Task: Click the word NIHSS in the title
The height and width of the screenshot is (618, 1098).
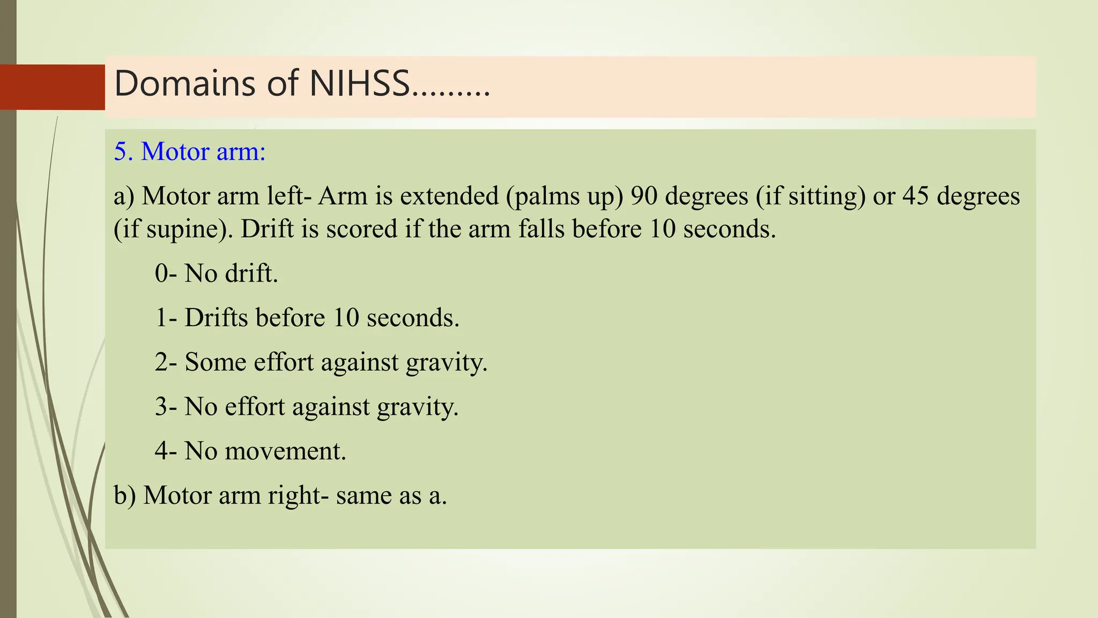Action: point(360,84)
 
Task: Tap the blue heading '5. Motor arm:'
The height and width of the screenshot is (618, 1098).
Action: point(190,152)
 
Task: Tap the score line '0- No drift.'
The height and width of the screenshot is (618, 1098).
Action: point(217,274)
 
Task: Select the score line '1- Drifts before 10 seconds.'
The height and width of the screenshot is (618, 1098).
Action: point(307,318)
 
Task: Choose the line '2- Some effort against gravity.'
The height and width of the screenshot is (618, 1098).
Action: point(321,362)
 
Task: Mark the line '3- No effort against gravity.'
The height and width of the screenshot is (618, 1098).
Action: point(307,407)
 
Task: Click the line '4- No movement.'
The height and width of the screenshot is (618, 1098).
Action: point(250,451)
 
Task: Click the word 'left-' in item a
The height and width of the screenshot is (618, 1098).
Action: point(290,196)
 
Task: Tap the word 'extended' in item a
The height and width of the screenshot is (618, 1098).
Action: point(449,196)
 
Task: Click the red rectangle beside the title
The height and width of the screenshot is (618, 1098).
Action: point(53,87)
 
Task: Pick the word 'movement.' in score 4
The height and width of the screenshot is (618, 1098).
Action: point(286,451)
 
